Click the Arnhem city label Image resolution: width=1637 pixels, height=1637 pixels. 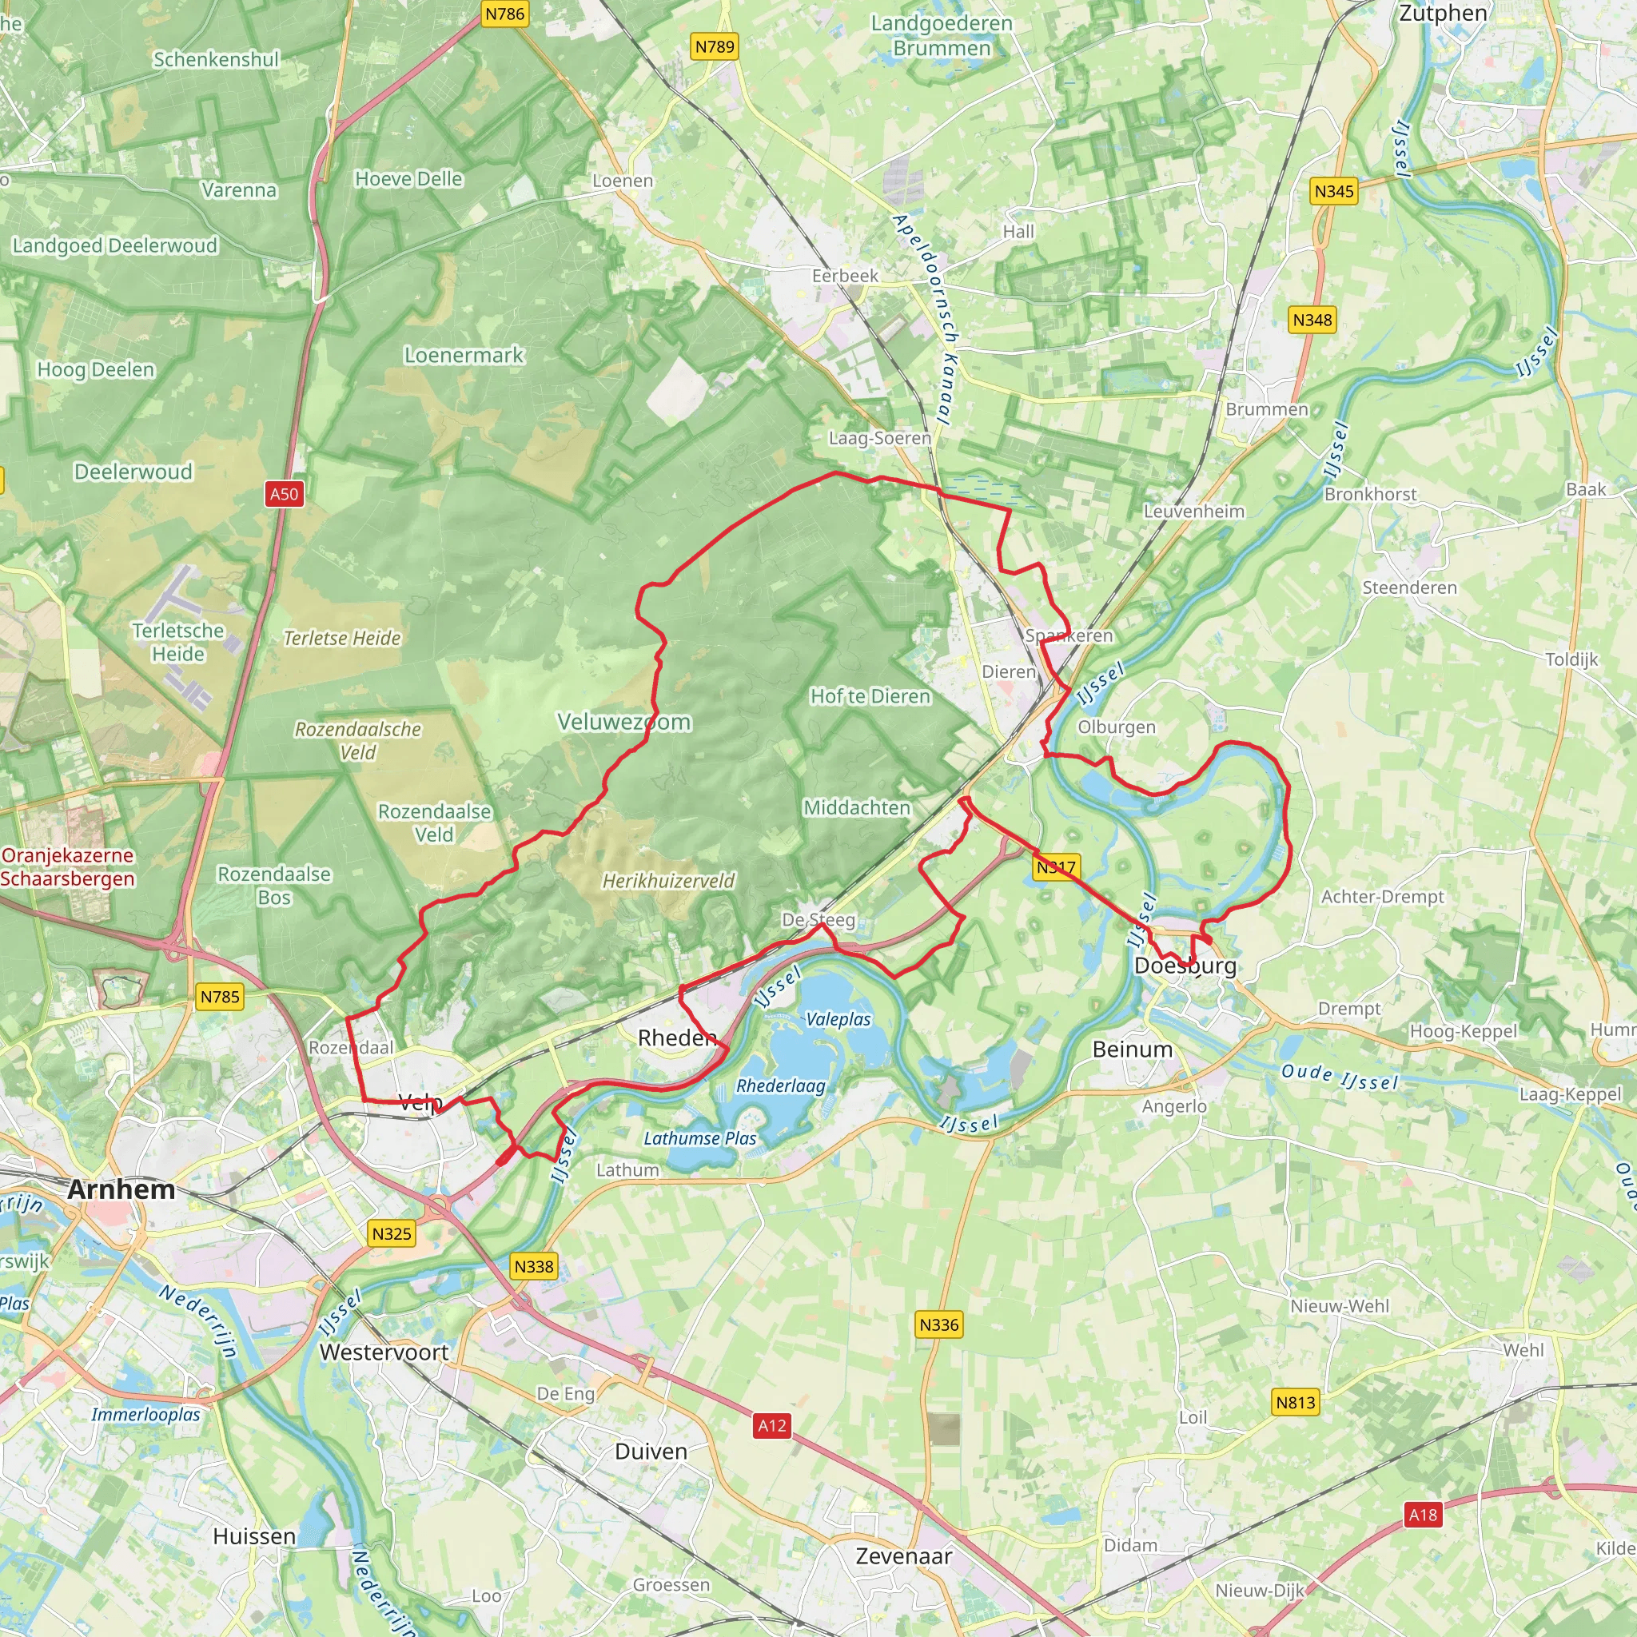coord(121,1189)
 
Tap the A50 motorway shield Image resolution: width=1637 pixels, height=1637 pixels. coord(284,494)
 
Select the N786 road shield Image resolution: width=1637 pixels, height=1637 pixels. coord(505,14)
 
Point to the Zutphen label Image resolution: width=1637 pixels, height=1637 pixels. coord(1443,13)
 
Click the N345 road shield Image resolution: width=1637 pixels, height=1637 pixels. coord(1334,191)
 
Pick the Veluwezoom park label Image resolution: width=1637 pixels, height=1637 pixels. coord(624,722)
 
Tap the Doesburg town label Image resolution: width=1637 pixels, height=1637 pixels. coord(1185,966)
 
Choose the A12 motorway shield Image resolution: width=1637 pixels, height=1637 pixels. coord(772,1425)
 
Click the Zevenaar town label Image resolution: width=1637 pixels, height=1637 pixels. coord(903,1555)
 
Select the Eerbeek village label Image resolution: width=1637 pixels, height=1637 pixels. coord(845,276)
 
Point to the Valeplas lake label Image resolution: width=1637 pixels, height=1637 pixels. coord(838,1019)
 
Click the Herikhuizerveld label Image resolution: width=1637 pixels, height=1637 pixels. coord(668,881)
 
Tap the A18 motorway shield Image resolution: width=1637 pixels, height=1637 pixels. coord(1423,1514)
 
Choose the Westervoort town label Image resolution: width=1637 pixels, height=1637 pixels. coord(384,1352)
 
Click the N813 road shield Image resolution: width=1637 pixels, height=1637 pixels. coord(1296,1402)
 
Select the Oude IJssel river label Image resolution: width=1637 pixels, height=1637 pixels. coord(1339,1077)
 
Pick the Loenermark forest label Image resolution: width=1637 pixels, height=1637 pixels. coord(464,355)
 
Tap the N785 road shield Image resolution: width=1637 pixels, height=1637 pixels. coord(220,997)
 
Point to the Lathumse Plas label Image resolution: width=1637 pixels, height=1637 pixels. coord(700,1139)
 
